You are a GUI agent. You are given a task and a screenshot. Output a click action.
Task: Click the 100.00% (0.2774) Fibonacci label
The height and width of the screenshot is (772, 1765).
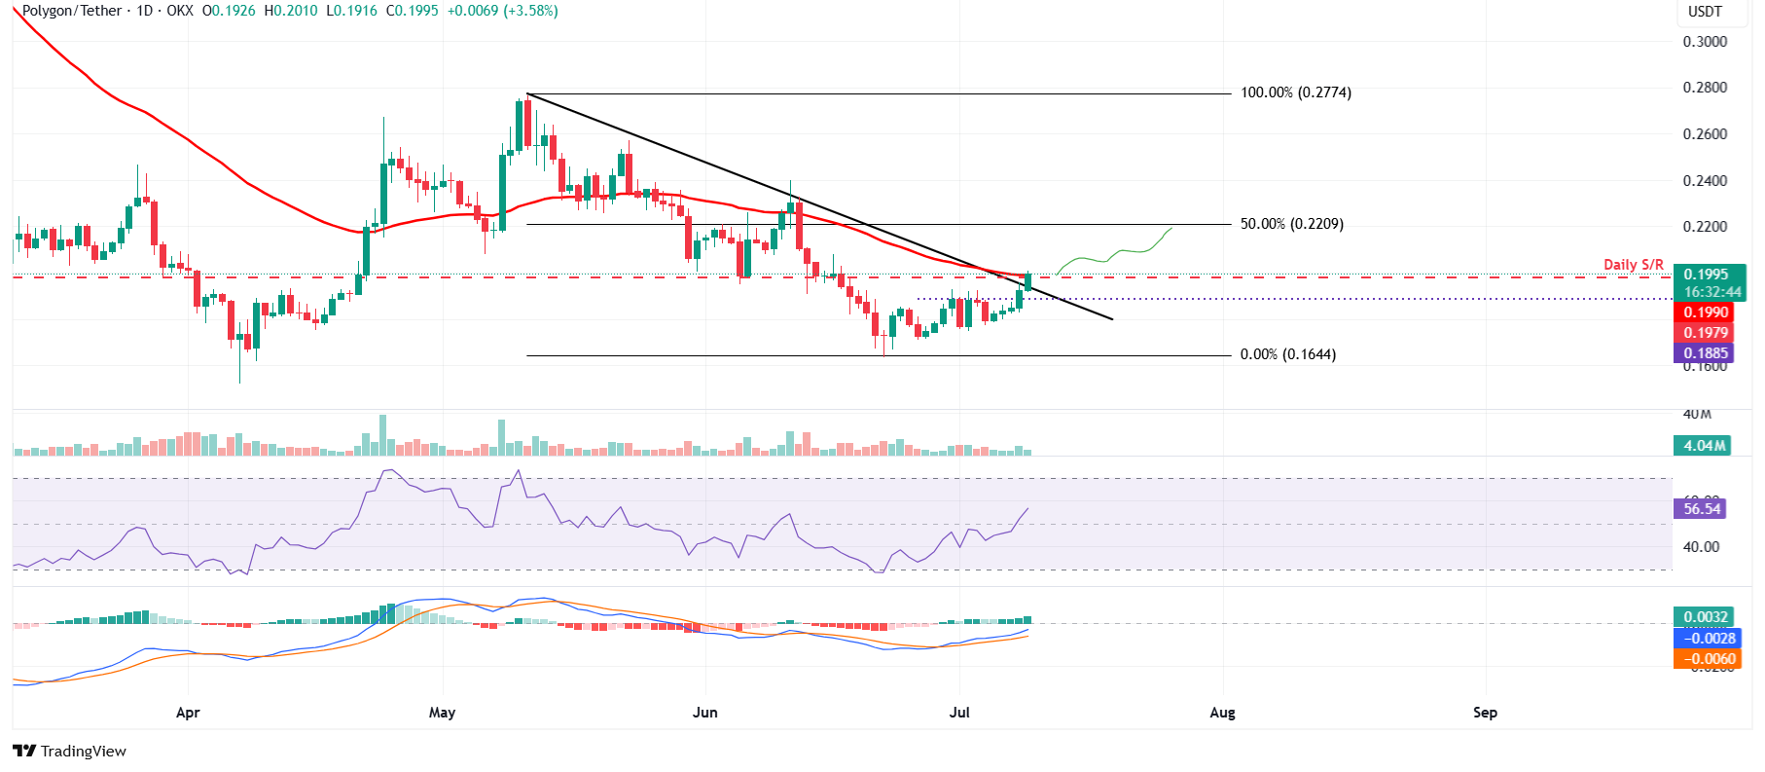(x=1295, y=92)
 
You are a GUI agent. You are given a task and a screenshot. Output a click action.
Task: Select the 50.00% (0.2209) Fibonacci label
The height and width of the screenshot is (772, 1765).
(x=1291, y=224)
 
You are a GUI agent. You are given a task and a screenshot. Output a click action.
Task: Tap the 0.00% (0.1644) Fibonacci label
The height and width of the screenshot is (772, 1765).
(x=1287, y=354)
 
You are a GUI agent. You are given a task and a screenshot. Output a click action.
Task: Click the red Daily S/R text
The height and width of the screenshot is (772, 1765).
(x=1633, y=265)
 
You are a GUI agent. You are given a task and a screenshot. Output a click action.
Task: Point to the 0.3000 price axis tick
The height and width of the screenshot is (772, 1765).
(x=1705, y=42)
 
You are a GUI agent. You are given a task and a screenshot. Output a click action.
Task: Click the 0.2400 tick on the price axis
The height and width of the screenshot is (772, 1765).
(x=1705, y=181)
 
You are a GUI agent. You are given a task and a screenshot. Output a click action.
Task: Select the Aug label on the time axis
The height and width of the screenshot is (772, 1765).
(x=1222, y=713)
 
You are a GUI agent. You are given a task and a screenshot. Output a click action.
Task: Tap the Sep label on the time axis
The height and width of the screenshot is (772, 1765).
(x=1485, y=713)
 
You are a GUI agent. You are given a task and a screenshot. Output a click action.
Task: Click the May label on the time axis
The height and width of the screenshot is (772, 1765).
(x=442, y=713)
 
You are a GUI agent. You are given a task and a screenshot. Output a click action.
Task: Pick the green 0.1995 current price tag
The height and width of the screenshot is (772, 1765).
(x=1706, y=275)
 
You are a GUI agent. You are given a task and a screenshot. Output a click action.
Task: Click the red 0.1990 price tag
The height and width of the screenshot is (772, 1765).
(x=1706, y=312)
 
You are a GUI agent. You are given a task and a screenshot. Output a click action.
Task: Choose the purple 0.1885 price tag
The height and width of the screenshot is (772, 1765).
(x=1706, y=353)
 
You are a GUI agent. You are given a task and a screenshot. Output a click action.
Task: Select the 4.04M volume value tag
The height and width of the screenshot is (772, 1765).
(x=1705, y=446)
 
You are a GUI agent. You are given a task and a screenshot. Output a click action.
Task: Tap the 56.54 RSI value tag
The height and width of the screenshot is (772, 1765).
(x=1702, y=508)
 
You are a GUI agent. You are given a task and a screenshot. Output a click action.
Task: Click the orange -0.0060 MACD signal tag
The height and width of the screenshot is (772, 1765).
(x=1708, y=659)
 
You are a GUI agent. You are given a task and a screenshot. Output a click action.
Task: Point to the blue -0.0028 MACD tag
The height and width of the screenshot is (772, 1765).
(x=1708, y=639)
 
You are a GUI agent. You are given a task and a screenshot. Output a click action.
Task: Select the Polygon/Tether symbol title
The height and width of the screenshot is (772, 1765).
(x=72, y=11)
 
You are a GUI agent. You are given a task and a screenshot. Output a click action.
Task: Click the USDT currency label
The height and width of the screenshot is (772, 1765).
(x=1705, y=12)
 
